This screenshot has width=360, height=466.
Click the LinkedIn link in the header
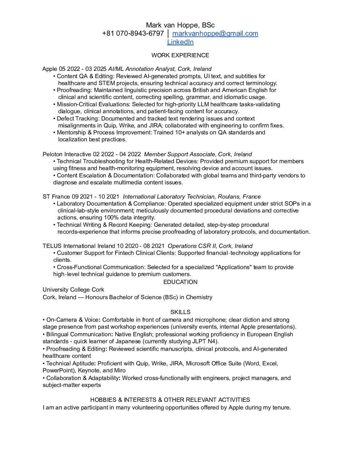[x=180, y=42]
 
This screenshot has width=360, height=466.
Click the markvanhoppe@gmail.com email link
[x=215, y=33]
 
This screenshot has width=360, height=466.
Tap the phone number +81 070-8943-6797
[x=133, y=33]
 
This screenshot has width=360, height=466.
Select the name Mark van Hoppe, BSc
[x=180, y=25]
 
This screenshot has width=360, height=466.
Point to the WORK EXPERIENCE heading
[x=180, y=55]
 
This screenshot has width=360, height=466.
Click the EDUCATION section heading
[x=180, y=282]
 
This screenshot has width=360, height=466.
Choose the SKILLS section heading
[x=180, y=312]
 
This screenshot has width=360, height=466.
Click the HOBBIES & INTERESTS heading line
[x=170, y=400]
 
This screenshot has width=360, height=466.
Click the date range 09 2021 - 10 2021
[x=96, y=197]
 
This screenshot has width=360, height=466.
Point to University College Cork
[x=73, y=290]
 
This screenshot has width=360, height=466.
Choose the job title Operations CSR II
[x=192, y=246]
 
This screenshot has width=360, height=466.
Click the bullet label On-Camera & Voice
[x=72, y=320]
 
